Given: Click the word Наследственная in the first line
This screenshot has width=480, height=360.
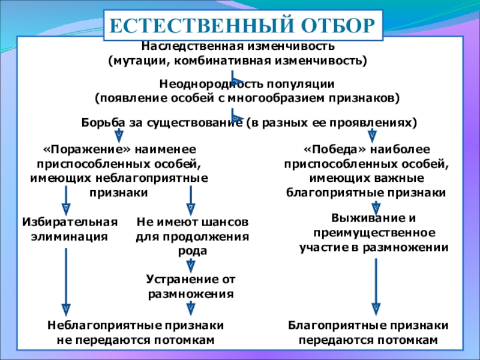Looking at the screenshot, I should [184, 46].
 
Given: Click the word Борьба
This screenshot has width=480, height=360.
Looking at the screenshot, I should [101, 122].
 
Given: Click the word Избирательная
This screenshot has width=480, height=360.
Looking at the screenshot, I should [70, 221].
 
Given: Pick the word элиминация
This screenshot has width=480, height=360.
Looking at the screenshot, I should [70, 236].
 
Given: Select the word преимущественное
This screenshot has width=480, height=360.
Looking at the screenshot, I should [374, 232].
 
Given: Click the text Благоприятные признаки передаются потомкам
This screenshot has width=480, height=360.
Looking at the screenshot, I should [368, 332].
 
